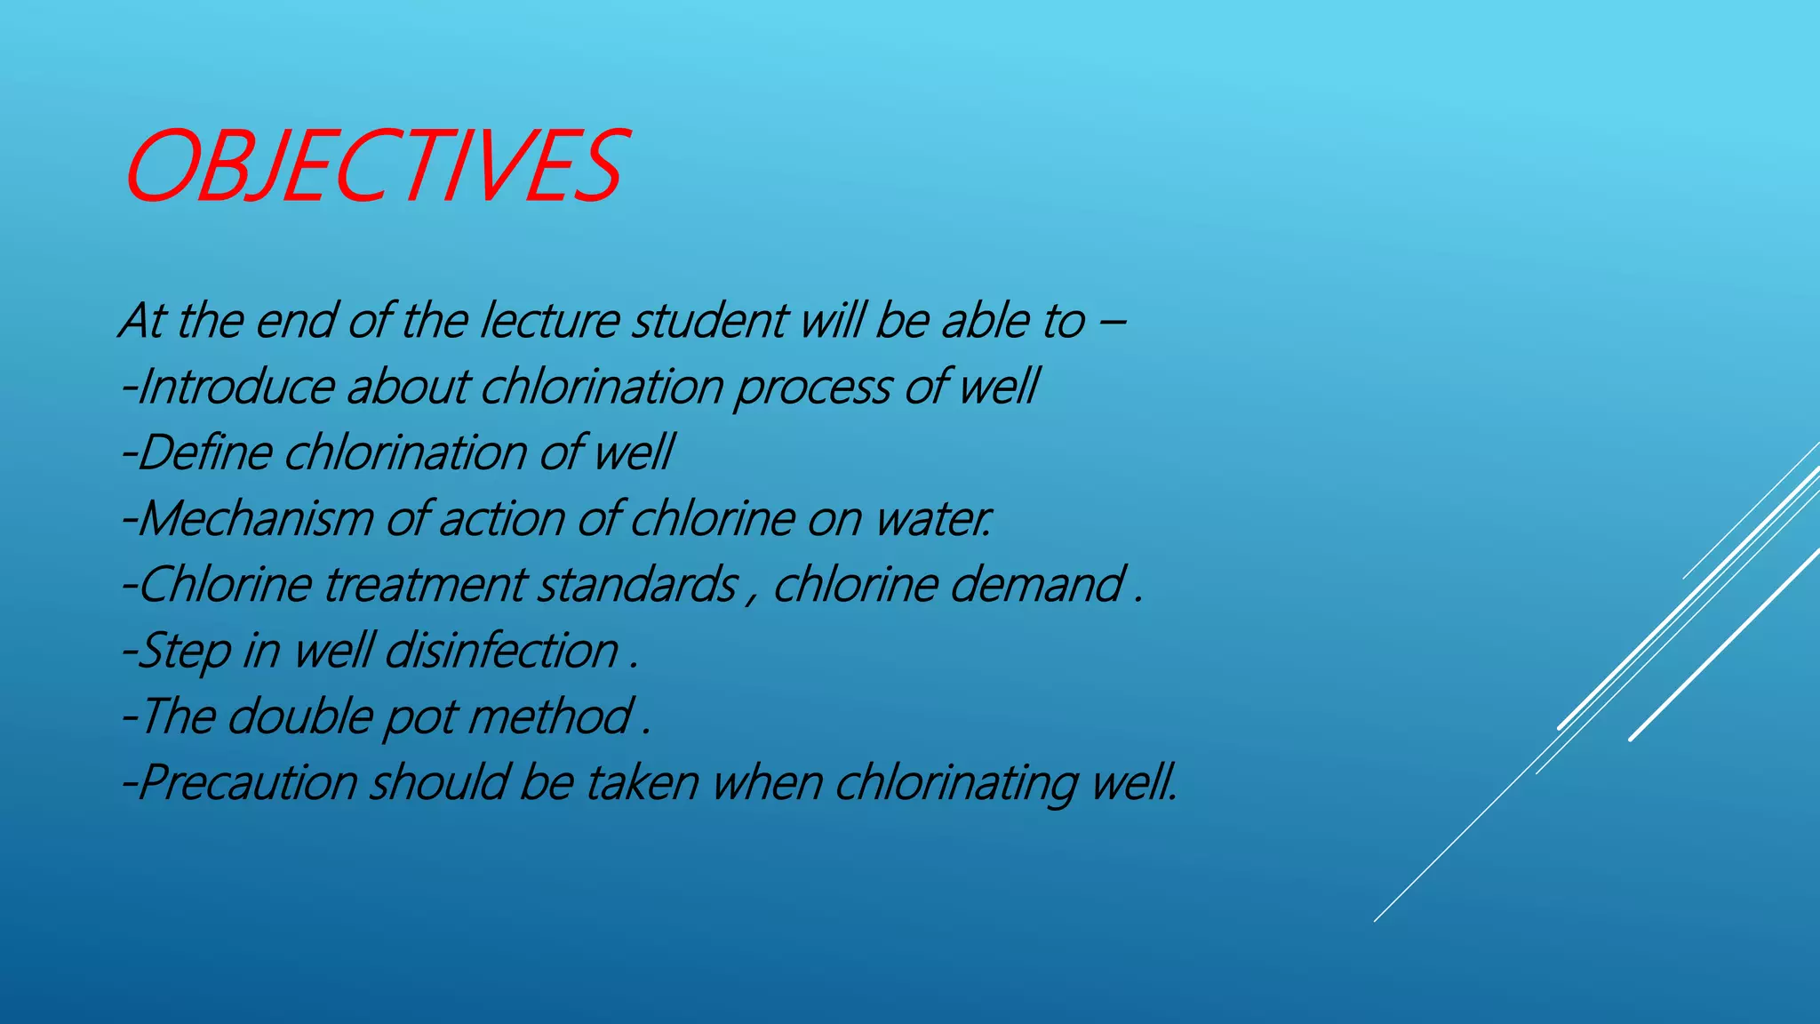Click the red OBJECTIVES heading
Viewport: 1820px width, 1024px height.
373,166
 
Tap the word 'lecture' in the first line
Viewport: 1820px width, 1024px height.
549,321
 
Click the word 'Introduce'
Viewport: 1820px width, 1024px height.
235,387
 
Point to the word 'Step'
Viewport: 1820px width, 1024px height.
185,652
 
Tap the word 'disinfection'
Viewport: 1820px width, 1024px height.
501,651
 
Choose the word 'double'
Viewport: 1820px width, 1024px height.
300,716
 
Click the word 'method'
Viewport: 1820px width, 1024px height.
549,716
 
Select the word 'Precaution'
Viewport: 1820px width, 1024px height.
248,783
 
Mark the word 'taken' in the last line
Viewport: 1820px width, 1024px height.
642,783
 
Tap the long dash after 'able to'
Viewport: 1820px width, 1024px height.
1111,321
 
